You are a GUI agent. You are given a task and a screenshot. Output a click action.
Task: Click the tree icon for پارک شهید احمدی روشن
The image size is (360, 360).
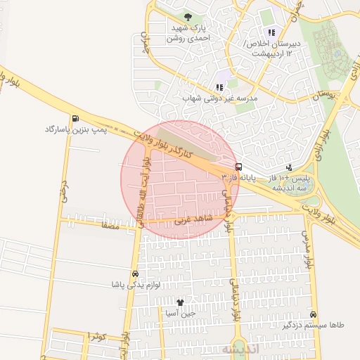tap(187, 17)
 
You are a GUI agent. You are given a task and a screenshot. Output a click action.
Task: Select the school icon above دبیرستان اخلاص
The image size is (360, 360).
tap(271, 32)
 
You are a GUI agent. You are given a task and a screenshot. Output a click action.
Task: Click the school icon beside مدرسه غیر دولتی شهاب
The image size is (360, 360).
tap(220, 87)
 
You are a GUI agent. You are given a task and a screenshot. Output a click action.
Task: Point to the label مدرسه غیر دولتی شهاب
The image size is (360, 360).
tap(220, 99)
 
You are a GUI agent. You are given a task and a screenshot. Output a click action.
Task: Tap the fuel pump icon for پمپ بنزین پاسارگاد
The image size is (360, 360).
tap(75, 118)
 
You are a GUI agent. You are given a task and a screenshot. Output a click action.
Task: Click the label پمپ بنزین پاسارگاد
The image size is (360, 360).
tap(75, 130)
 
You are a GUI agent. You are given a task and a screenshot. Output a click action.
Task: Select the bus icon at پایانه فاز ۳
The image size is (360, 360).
tap(239, 167)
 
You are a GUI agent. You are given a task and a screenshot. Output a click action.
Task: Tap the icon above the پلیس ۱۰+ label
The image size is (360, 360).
tap(289, 167)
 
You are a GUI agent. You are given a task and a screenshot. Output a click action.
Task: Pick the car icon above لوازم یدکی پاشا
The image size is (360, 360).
tap(134, 273)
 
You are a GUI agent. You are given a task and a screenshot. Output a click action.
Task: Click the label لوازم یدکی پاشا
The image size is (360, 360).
tap(135, 285)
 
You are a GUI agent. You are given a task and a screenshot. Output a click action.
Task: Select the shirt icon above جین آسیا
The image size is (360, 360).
tap(180, 302)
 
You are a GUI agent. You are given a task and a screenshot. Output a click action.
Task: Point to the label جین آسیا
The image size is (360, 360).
tap(180, 314)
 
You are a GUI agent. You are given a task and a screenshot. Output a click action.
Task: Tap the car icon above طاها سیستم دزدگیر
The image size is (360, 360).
tap(313, 314)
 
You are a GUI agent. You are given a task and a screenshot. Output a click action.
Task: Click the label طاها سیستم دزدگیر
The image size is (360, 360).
tap(313, 326)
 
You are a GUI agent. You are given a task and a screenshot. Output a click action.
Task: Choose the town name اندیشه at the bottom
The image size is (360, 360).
tap(240, 348)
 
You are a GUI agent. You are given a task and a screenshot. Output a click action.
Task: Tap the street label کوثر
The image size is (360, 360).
tap(97, 336)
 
